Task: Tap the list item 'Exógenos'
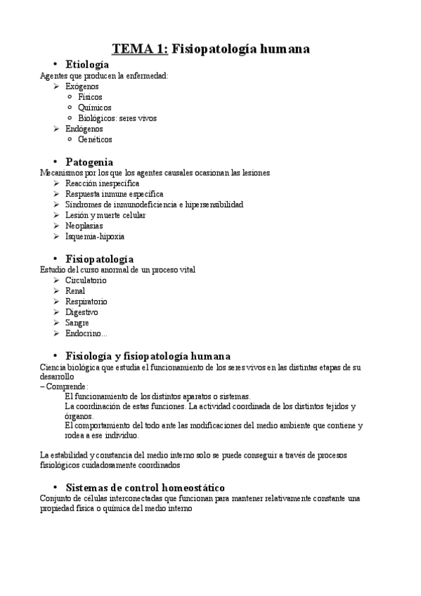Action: pos(82,86)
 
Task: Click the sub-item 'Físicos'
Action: pos(90,97)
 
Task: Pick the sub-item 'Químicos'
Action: pos(95,108)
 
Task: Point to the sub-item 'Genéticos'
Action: pos(95,139)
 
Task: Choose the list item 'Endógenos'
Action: pos(84,129)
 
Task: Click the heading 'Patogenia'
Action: pos(89,162)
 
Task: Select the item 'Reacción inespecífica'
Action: pos(102,183)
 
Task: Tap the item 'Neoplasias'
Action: pos(84,226)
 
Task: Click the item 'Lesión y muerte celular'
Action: pos(105,215)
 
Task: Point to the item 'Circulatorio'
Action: pos(86,280)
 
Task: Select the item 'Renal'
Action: pos(75,290)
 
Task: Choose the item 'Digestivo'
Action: pos(82,311)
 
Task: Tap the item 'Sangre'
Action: pos(77,322)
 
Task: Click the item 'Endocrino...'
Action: pos(86,333)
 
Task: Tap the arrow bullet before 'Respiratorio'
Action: pos(56,301)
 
